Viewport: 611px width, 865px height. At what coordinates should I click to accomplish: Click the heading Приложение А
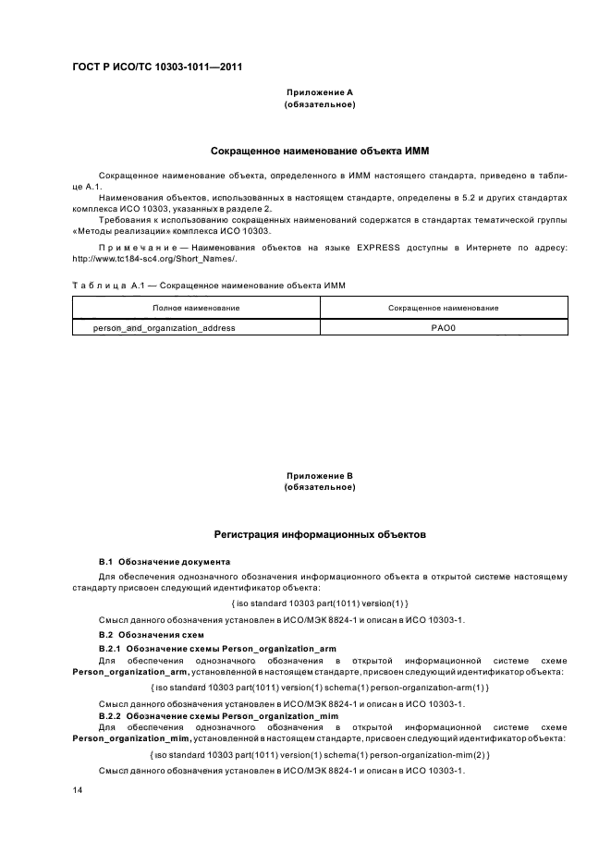click(x=320, y=92)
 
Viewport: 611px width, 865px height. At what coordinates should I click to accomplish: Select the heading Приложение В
click(x=320, y=475)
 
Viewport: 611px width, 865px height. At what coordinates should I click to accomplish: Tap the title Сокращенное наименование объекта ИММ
click(x=320, y=150)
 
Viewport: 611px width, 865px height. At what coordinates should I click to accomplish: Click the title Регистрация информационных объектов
click(x=320, y=533)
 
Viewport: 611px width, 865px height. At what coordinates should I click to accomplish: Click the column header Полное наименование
click(x=196, y=307)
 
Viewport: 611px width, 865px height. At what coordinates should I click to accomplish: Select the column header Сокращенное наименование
click(x=443, y=307)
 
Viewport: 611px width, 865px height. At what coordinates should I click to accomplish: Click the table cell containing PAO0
click(x=443, y=327)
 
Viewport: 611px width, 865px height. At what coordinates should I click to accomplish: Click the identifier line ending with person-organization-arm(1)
click(x=320, y=688)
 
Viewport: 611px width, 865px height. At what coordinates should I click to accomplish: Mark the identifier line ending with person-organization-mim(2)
click(x=320, y=755)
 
